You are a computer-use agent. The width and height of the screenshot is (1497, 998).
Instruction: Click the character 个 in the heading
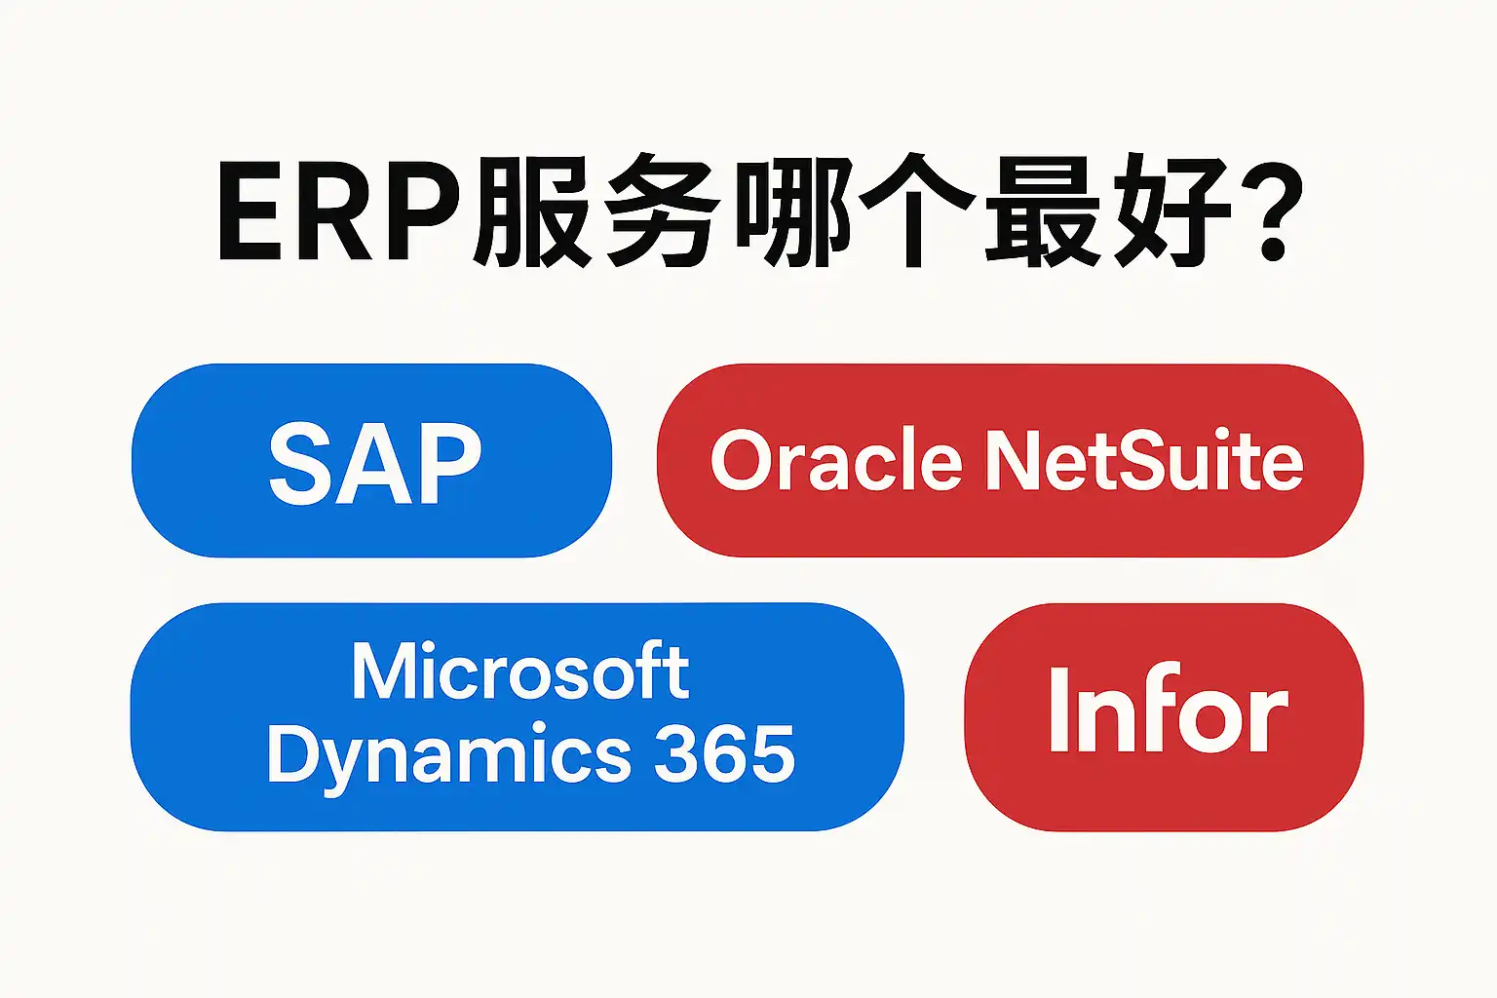pyautogui.click(x=916, y=211)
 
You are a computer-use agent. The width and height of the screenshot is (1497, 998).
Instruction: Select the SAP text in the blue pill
pyautogui.click(x=374, y=464)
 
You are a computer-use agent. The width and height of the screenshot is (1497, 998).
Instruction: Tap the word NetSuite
pyautogui.click(x=1143, y=461)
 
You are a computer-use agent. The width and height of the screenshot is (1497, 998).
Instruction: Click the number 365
pyautogui.click(x=724, y=753)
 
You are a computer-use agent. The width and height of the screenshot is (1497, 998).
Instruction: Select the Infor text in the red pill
pyautogui.click(x=1167, y=711)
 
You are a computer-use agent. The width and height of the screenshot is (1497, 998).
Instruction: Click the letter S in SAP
pyautogui.click(x=299, y=464)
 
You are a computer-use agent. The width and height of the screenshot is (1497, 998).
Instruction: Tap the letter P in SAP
pyautogui.click(x=450, y=464)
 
